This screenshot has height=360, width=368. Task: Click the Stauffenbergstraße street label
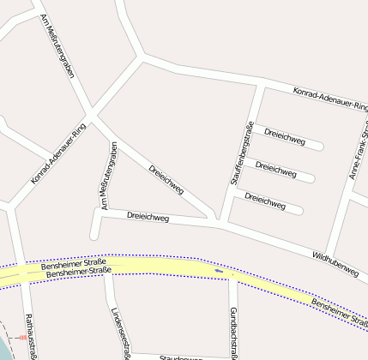[x=240, y=154]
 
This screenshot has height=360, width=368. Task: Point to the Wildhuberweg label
[x=335, y=262]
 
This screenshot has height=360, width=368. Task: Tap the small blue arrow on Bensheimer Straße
[x=219, y=272]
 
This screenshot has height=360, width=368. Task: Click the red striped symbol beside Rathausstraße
[x=22, y=338]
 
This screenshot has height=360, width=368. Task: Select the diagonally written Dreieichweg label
[x=166, y=179]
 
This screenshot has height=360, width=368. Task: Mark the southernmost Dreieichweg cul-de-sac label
[x=264, y=201]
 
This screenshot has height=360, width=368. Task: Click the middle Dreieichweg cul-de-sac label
[x=275, y=169]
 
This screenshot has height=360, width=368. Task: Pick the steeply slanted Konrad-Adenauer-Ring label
[x=58, y=154]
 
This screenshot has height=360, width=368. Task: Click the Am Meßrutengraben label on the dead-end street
[x=109, y=176]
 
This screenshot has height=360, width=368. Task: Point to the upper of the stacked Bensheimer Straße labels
[x=72, y=264]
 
